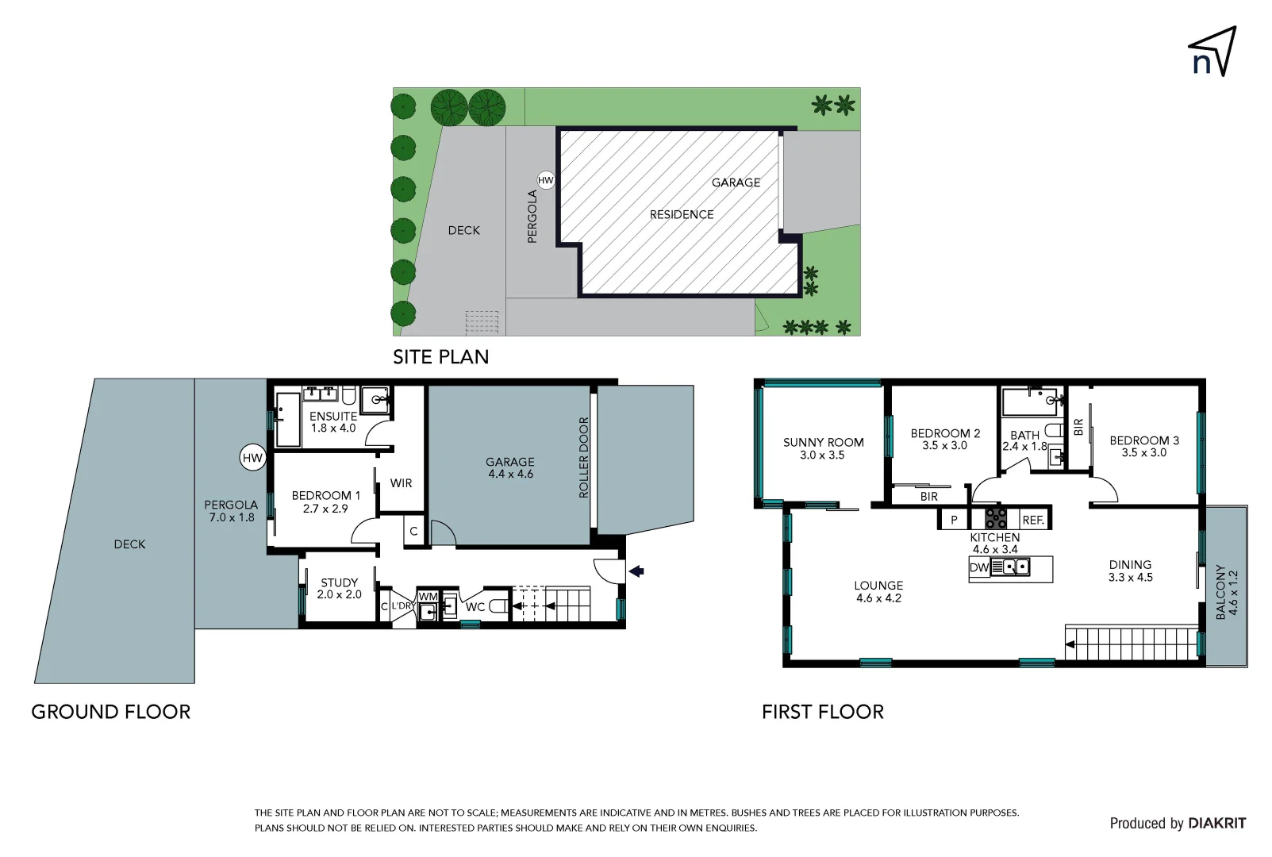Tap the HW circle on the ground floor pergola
(x=252, y=458)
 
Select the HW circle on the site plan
(x=546, y=181)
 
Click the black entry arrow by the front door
(x=636, y=571)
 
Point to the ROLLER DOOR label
(x=584, y=458)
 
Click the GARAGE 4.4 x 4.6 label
(x=510, y=468)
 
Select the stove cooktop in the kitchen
(x=995, y=518)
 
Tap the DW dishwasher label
(x=979, y=567)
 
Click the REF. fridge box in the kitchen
(x=1033, y=519)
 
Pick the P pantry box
(x=954, y=519)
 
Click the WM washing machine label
(x=428, y=597)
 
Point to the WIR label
(x=401, y=483)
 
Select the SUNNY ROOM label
(x=824, y=443)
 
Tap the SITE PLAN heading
(x=441, y=356)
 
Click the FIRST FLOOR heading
(x=823, y=712)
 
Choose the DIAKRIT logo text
(x=1217, y=823)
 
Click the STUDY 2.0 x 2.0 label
(x=339, y=588)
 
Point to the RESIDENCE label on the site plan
(x=682, y=215)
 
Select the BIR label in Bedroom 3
(x=1079, y=426)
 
